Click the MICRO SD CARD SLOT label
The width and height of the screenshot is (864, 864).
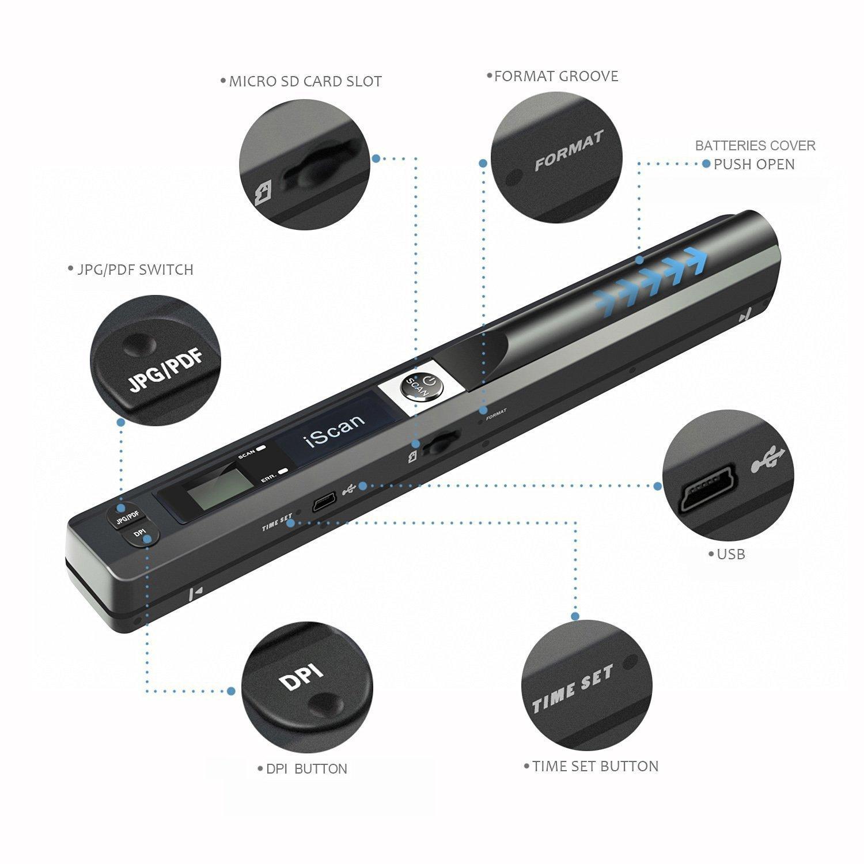(305, 81)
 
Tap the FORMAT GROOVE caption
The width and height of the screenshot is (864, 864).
(556, 76)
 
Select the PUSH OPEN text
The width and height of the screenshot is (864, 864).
(754, 164)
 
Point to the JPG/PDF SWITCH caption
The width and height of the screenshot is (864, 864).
(135, 270)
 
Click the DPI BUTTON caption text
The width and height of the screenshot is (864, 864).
(306, 769)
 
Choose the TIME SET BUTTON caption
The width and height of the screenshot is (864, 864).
(595, 766)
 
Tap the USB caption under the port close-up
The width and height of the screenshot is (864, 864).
(731, 554)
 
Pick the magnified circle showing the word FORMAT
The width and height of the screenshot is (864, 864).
(556, 158)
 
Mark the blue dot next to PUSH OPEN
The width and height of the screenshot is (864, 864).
(706, 164)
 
